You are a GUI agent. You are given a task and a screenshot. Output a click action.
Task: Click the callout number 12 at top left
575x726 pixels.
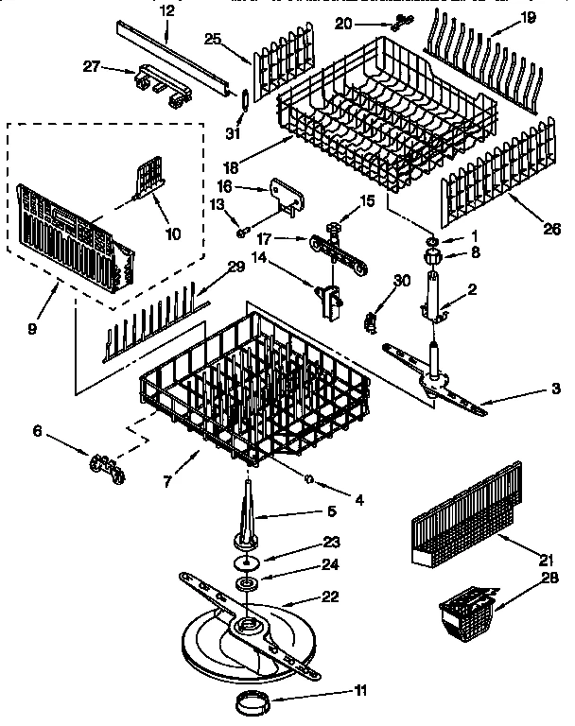166,10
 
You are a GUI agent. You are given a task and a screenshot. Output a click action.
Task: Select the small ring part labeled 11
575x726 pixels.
252,702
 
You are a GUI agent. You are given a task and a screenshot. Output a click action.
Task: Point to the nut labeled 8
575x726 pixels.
431,253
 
